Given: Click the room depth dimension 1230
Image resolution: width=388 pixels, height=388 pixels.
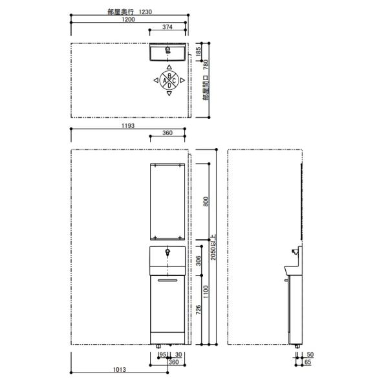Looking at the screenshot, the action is click(145, 12).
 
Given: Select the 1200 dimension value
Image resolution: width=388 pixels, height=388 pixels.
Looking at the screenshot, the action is click(128, 19).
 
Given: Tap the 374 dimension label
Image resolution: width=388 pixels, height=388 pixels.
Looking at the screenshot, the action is click(167, 27).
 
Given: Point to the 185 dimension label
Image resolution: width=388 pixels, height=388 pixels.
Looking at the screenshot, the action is click(199, 52).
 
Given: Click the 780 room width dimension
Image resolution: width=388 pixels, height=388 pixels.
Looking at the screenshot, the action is click(206, 65).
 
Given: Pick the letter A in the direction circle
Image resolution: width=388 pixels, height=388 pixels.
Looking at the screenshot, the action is click(165, 80).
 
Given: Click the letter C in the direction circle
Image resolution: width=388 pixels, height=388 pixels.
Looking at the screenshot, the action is click(174, 80).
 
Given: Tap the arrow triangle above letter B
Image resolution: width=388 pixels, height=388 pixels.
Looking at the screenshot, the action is click(169, 67).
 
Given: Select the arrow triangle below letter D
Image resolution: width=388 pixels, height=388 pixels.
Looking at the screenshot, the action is click(169, 93).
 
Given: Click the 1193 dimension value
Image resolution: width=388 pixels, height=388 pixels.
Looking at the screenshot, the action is click(128, 125).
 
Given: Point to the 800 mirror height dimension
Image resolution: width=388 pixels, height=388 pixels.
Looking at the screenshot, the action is click(206, 202).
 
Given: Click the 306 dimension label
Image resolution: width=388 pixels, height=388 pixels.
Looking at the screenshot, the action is click(199, 261).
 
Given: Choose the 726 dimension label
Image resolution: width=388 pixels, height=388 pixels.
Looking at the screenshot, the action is click(199, 310).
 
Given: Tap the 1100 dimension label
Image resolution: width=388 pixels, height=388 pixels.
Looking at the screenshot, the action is click(206, 292).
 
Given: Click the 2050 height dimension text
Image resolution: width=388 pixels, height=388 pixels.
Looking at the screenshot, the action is click(213, 248).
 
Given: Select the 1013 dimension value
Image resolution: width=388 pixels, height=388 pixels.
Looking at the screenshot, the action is click(120, 369).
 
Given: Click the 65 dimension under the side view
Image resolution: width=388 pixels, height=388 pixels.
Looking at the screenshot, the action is click(308, 361).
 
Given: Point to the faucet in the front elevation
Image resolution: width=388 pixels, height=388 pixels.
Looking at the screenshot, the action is click(167, 252).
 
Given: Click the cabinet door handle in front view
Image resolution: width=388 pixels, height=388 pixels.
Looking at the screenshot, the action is click(167, 281).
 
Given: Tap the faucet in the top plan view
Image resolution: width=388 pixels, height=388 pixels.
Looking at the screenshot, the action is click(167, 50).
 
